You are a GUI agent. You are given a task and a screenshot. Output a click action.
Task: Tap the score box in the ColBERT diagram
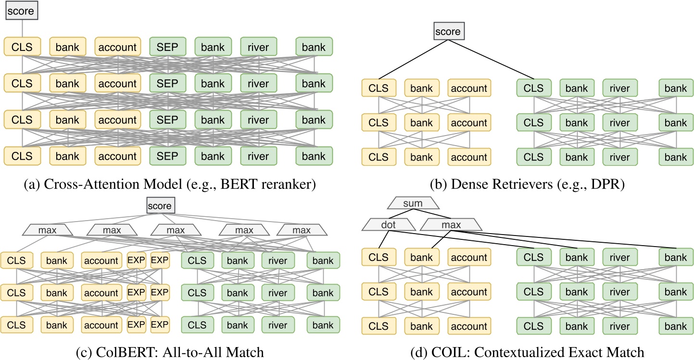click(x=160, y=206)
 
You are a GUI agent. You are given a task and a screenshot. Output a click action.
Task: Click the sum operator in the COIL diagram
click(x=413, y=203)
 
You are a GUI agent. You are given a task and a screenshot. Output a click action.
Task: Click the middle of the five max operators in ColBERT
click(x=176, y=230)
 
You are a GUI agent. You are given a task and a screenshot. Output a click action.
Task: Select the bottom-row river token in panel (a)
click(x=259, y=156)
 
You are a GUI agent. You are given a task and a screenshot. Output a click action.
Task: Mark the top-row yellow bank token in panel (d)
click(x=421, y=257)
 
